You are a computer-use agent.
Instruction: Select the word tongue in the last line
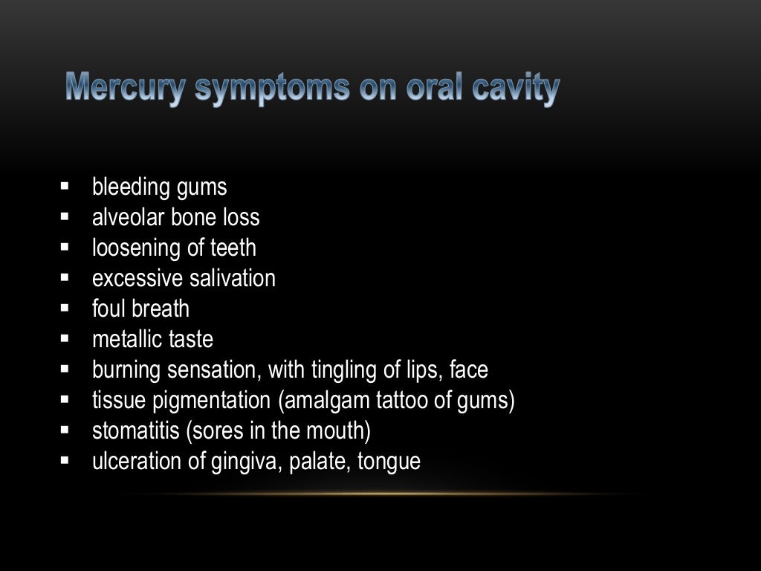[x=389, y=462]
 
